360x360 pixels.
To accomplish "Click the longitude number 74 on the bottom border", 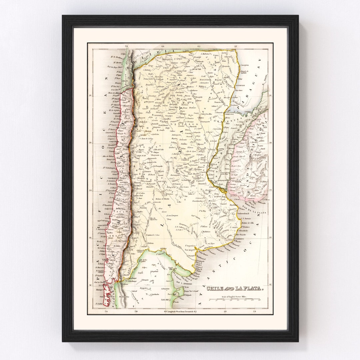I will (106, 312).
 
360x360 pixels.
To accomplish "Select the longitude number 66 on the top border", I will (163, 47).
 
